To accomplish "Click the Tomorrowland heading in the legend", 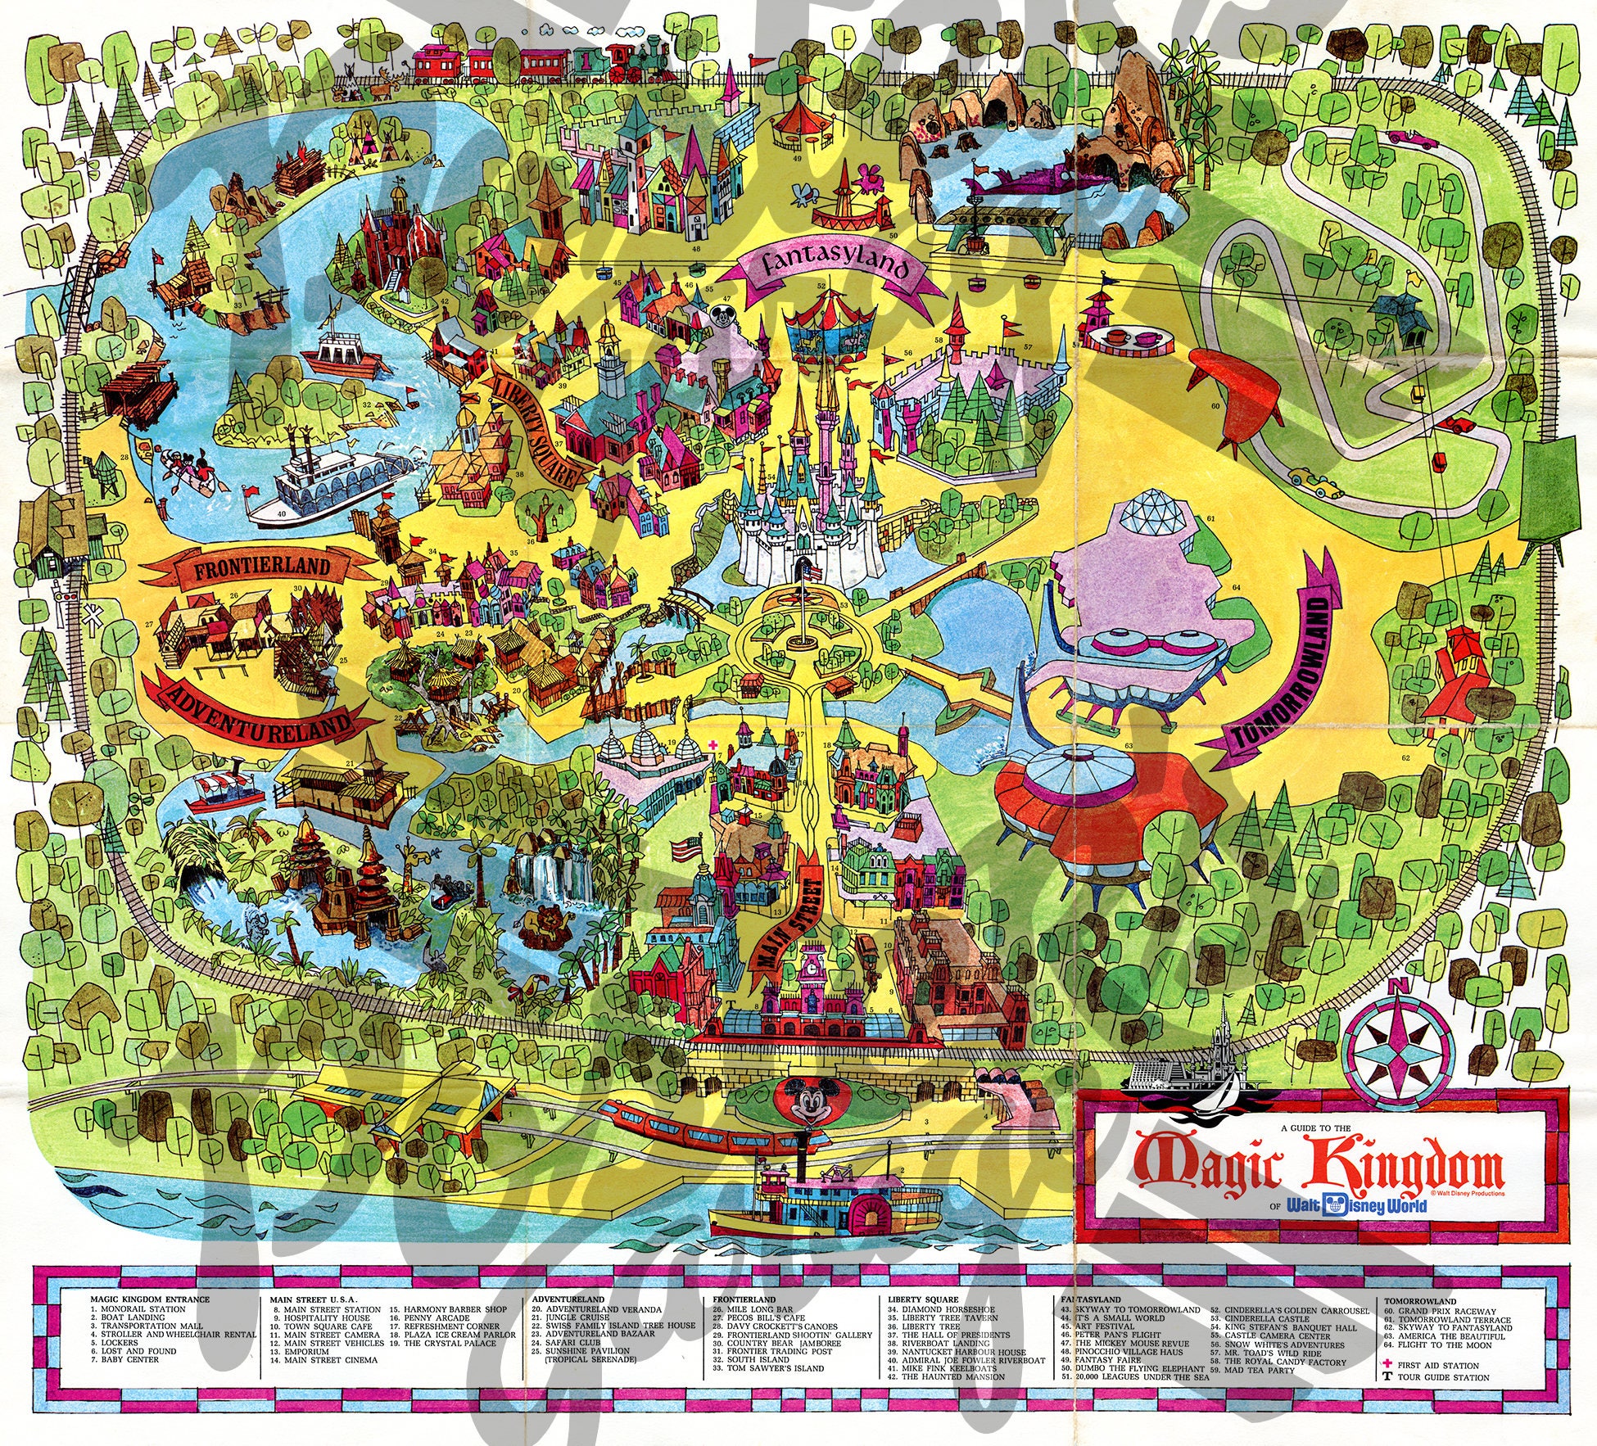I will click(1420, 1300).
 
